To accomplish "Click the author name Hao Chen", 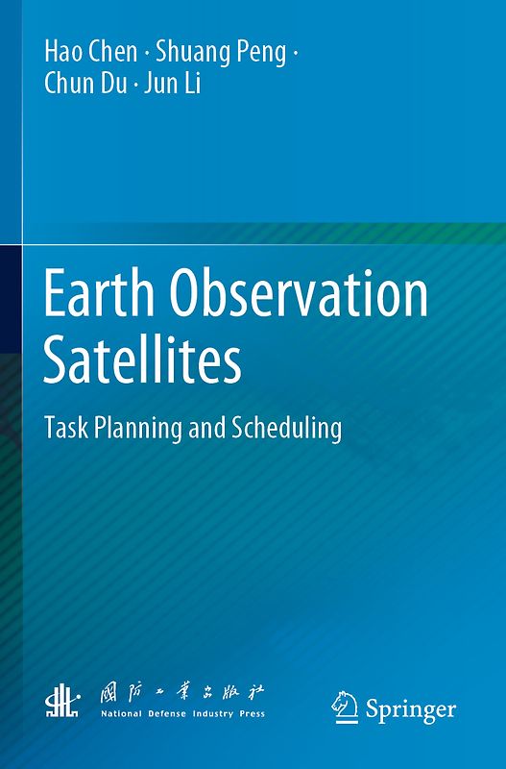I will point(90,53).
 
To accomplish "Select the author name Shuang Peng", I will point(221,54).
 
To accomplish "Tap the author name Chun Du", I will point(86,85).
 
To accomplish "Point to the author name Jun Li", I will point(173,85).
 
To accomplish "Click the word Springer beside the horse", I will point(410,710).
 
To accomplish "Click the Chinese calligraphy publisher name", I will point(182,694).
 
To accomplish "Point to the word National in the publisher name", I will point(120,715).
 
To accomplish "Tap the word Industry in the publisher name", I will point(211,715).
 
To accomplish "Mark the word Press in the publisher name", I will point(252,715).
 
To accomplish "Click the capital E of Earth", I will point(57,295).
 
